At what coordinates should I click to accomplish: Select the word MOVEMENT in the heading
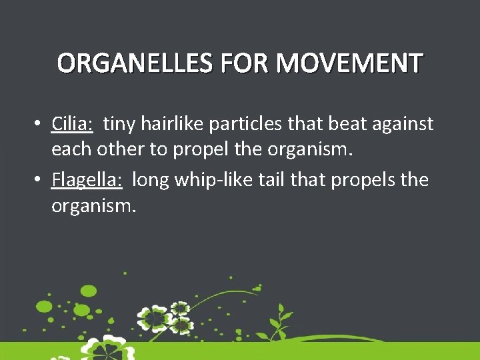click(x=349, y=63)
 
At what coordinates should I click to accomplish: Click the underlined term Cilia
click(x=73, y=124)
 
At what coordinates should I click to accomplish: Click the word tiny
click(x=119, y=124)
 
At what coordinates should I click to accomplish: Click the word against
click(x=403, y=124)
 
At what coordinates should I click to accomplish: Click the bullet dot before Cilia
click(x=41, y=124)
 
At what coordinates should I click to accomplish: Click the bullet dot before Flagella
click(x=41, y=180)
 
